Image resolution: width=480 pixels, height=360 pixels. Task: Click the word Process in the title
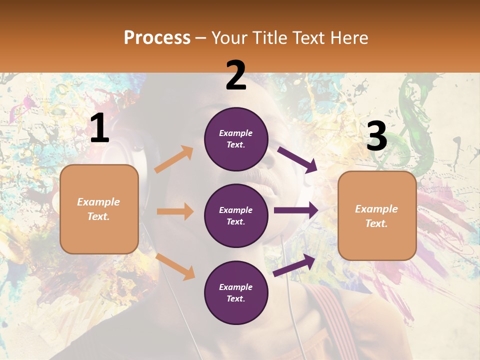pos(157,38)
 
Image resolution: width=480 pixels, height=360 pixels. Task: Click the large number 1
pos(99,129)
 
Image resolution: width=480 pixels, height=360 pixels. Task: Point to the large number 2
pos(236,75)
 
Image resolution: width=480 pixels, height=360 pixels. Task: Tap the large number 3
pos(376,136)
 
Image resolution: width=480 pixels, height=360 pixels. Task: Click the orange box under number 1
pos(99,209)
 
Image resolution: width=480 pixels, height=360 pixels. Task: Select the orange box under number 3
pos(377,215)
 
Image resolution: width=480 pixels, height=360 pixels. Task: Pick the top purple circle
pos(236,139)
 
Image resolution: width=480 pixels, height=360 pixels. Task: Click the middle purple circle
pos(236,215)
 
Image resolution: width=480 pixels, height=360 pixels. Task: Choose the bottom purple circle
pos(236,292)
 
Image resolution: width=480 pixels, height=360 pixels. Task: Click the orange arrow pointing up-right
pos(174,159)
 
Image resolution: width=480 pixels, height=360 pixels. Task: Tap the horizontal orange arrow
pos(175,211)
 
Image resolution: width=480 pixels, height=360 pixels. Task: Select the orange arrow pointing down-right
pos(175,266)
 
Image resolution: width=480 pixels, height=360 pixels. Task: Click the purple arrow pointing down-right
pos(297,159)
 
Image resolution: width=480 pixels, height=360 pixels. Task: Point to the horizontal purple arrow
pos(296,210)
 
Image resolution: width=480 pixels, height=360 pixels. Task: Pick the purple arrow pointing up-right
pos(294,265)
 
